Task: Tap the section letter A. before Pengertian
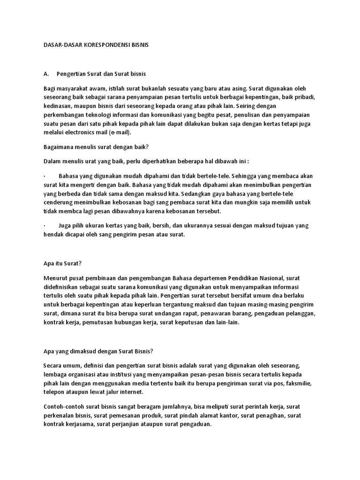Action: click(x=46, y=74)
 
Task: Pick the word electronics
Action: click(x=83, y=132)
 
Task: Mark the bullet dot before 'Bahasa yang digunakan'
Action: click(x=44, y=176)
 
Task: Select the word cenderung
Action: click(x=58, y=202)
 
